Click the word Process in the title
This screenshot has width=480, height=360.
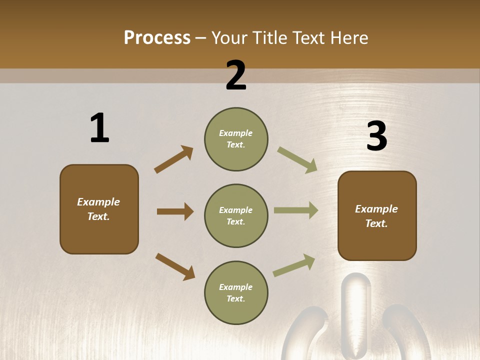click(157, 38)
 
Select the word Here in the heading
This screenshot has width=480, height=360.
click(348, 38)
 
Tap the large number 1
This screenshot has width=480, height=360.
click(99, 128)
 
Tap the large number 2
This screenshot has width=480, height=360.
click(236, 75)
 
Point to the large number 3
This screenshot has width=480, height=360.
click(376, 136)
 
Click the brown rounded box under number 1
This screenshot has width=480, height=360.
click(99, 209)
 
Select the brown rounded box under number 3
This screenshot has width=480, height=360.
click(377, 216)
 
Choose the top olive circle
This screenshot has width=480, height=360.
click(236, 139)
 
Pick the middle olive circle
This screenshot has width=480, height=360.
click(236, 216)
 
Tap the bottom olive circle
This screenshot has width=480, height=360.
click(236, 293)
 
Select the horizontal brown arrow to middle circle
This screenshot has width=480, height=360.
click(175, 211)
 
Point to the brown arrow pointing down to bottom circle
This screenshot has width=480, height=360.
click(175, 266)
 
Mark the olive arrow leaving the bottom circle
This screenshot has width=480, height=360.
click(294, 265)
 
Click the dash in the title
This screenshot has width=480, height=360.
click(201, 38)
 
